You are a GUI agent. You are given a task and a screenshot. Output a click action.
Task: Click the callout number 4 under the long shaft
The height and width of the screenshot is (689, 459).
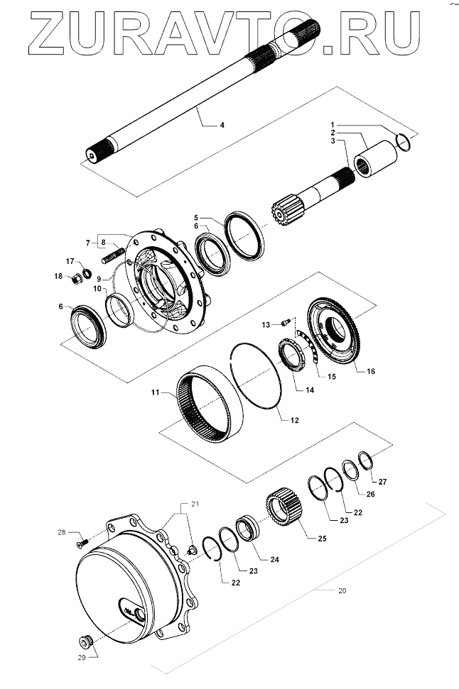222,125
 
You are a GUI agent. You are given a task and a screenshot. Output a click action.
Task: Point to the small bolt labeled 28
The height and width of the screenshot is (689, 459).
80,543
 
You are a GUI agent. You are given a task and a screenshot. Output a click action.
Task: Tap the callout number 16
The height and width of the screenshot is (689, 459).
369,370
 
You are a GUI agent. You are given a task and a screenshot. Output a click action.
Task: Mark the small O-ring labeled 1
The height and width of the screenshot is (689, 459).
404,143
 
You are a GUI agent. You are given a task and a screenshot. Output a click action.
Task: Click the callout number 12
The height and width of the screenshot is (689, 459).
294,420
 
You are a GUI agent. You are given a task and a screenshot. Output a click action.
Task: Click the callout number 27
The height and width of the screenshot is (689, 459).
382,482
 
